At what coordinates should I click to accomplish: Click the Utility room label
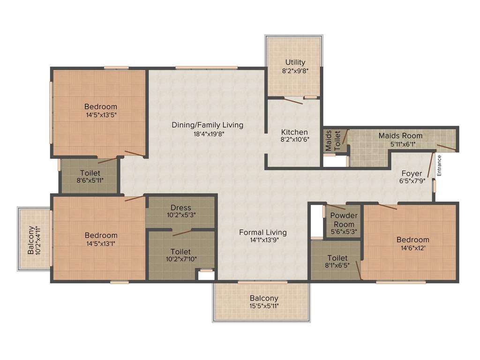coord(295,62)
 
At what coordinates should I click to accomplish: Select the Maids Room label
coord(400,136)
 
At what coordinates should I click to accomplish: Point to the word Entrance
coord(439,165)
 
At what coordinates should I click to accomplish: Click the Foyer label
coord(411,173)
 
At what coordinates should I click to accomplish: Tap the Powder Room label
coord(344,219)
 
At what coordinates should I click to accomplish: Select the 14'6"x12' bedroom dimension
coord(411,248)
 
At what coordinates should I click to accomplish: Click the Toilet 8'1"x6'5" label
coord(337,258)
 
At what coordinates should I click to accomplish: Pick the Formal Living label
coord(262,232)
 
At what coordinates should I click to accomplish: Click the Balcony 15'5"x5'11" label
coord(264,298)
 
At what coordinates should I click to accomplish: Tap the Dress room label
coord(180,208)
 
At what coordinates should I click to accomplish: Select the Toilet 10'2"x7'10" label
coord(180,252)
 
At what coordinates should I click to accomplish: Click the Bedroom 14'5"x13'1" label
coord(101,235)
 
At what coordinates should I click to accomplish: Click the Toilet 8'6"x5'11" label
coord(90,173)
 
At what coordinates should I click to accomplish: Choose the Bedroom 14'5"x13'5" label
coord(101,106)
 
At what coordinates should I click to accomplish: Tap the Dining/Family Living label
coord(207,125)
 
